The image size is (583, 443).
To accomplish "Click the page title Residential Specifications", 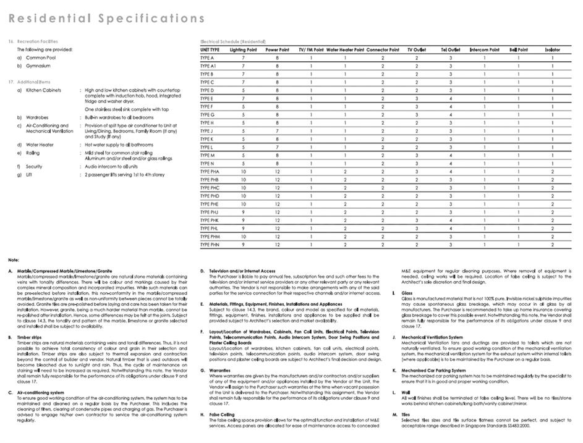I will tap(106, 18).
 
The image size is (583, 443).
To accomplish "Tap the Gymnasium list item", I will tap(38, 65).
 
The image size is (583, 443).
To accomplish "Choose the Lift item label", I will tap(28, 175).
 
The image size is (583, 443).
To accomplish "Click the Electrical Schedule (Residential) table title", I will tap(234, 41).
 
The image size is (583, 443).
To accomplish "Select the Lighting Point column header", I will tap(243, 49).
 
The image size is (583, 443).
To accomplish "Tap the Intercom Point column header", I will tap(484, 49).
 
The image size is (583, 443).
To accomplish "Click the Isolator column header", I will tap(552, 49).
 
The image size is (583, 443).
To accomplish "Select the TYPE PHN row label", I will tap(210, 245).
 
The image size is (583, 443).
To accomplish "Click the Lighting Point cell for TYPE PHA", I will tap(243, 171).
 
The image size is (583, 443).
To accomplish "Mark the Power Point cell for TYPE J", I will tap(277, 131).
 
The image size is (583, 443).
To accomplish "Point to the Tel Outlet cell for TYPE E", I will tap(450, 98).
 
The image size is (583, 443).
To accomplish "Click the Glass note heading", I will tap(407, 293).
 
